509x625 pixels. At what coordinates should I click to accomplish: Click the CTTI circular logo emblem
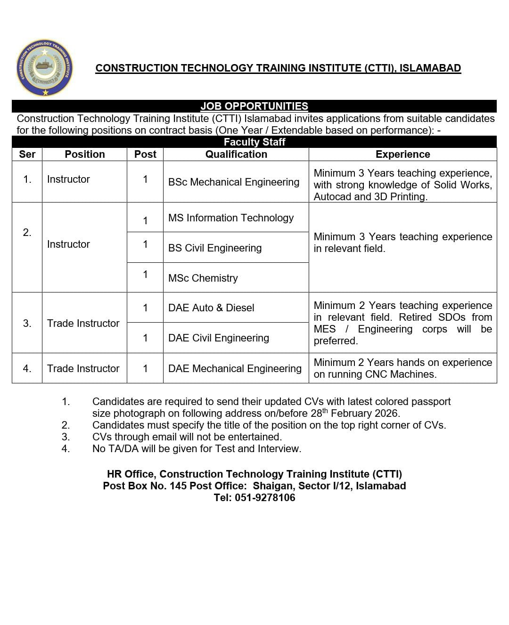point(45,68)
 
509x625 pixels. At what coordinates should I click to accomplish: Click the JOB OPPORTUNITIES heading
point(254,106)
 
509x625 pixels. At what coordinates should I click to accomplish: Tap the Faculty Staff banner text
point(254,142)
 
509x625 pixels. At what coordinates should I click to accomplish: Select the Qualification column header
point(236,154)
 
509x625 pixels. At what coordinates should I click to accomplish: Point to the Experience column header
point(402,154)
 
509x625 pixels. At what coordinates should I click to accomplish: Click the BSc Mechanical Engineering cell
point(234,182)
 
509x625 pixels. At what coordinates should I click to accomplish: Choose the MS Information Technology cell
point(231,218)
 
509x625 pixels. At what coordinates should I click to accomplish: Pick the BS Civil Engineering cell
point(215,248)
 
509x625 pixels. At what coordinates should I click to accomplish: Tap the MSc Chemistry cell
point(203,278)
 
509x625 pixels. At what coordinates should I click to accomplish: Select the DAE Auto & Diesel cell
point(211,308)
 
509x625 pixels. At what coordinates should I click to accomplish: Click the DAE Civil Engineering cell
point(219,338)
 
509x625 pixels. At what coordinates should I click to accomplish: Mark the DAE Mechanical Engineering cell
point(235,368)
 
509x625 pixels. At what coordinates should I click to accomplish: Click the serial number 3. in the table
point(27,323)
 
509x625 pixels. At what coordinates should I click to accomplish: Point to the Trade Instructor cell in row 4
point(83,368)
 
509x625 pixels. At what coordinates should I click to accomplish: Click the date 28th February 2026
point(354,414)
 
